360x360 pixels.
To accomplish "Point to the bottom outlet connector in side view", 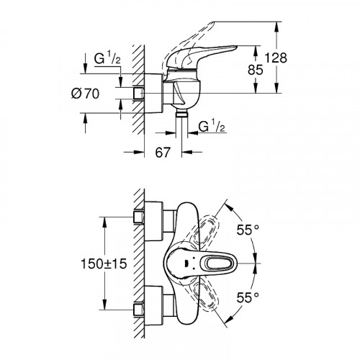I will (179, 115).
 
